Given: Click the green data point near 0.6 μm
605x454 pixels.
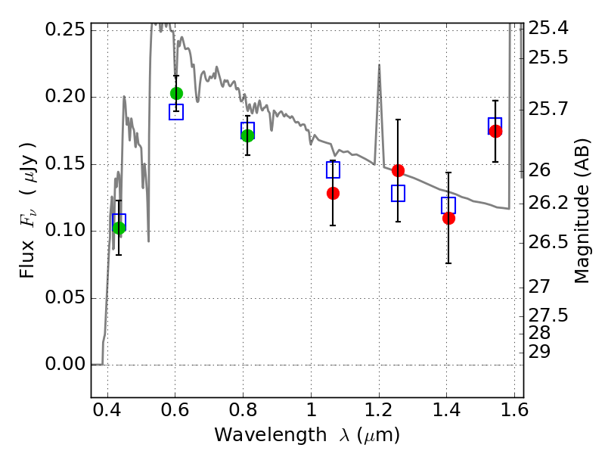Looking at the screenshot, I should tap(176, 93).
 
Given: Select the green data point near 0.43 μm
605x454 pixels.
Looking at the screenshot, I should tap(119, 228).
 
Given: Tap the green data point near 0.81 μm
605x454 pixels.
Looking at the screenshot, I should tap(247, 135).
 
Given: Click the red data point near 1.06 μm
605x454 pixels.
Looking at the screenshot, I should tap(333, 193).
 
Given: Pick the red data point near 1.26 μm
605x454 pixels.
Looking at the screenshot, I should tap(398, 170).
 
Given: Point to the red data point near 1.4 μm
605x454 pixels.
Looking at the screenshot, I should tap(448, 218).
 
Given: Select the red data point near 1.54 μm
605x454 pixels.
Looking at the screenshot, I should tap(495, 131).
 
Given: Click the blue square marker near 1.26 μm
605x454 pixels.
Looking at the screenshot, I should tap(398, 193).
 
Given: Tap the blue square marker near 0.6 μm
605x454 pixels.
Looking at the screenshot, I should tap(176, 112).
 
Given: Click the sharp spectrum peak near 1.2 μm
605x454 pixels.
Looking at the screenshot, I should tap(379, 66).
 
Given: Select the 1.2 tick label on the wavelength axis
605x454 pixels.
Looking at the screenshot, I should tap(379, 414).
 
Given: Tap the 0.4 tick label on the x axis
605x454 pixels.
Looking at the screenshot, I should tap(108, 414).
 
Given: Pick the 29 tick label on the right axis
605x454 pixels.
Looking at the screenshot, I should tap(544, 352).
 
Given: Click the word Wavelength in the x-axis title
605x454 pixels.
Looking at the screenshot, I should tap(262, 435).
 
